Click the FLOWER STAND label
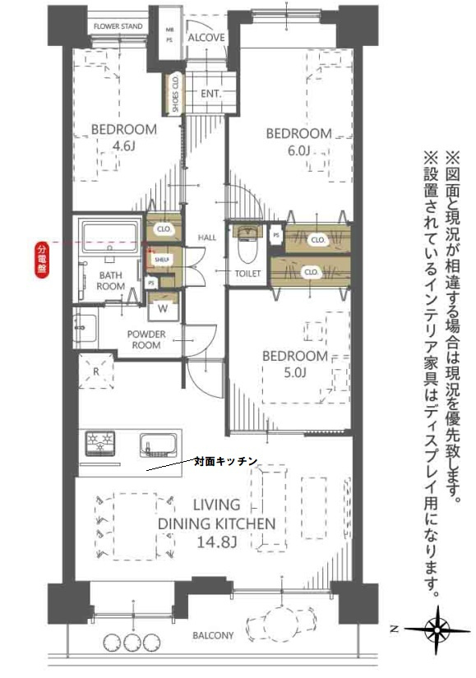click(x=118, y=26)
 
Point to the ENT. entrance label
click(x=211, y=94)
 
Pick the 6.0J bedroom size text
click(x=298, y=150)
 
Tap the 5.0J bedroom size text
click(x=294, y=375)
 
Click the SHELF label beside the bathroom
click(x=161, y=261)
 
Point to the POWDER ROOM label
click(x=146, y=339)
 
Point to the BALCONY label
click(x=213, y=635)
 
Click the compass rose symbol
click(x=437, y=629)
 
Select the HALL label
click(x=206, y=238)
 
